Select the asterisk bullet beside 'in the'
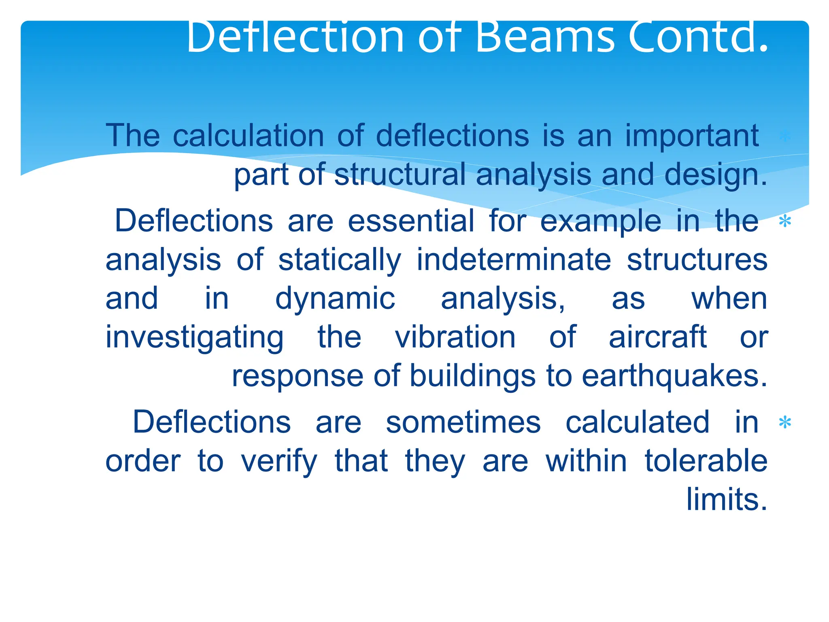click(x=785, y=222)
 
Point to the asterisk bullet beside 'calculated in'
click(x=785, y=423)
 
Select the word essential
click(x=410, y=221)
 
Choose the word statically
click(x=340, y=260)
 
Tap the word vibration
click(x=455, y=337)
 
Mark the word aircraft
click(x=657, y=337)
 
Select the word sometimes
click(x=463, y=422)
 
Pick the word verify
click(x=279, y=462)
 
